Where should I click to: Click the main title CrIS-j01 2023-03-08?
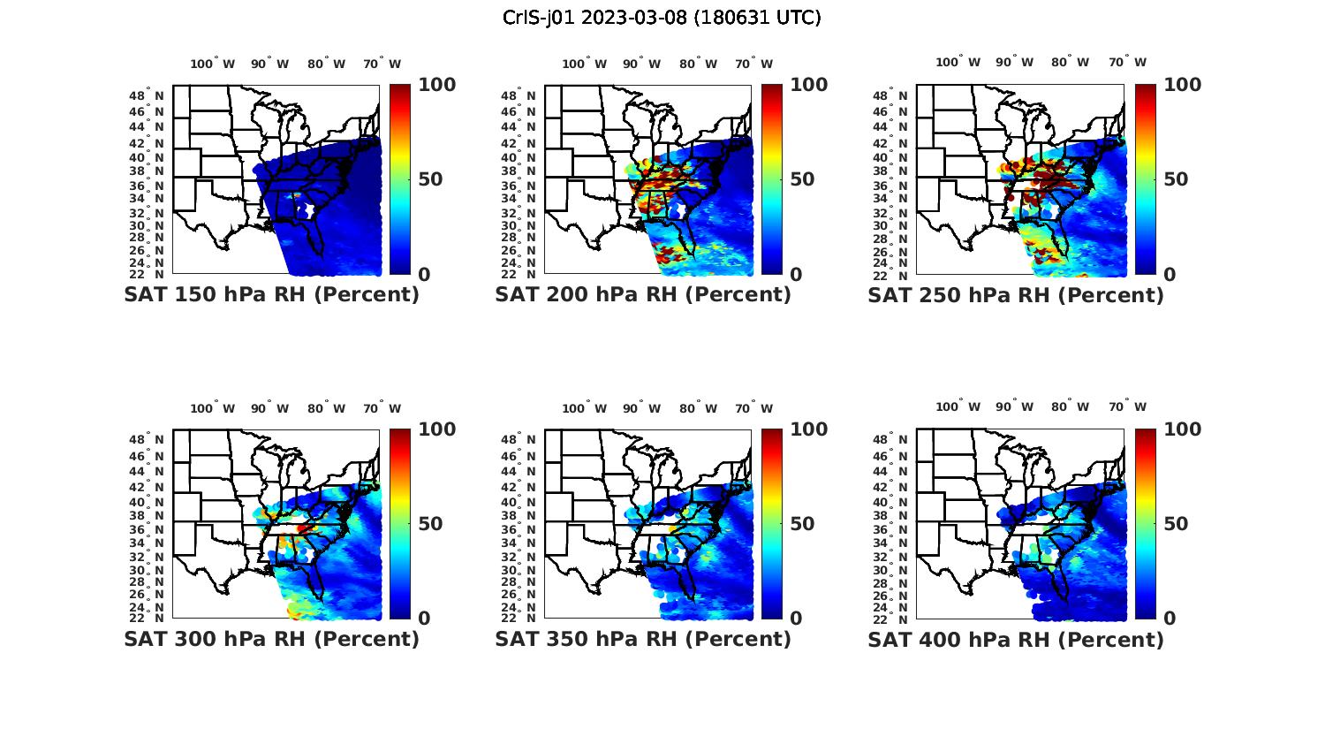pyautogui.click(x=662, y=18)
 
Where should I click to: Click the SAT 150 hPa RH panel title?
pyautogui.click(x=271, y=295)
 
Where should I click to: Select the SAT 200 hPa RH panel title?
pyautogui.click(x=643, y=295)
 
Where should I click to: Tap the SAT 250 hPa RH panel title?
pyautogui.click(x=1016, y=295)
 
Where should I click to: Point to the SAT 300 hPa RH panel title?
pyautogui.click(x=271, y=639)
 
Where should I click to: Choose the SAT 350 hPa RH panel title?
pyautogui.click(x=643, y=639)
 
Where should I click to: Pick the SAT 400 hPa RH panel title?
pyautogui.click(x=1016, y=639)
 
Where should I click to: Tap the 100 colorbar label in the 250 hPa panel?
pyautogui.click(x=1183, y=85)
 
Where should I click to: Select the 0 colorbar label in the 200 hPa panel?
pyautogui.click(x=796, y=275)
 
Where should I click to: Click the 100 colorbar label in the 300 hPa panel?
pyautogui.click(x=437, y=429)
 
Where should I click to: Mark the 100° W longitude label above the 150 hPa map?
pyautogui.click(x=213, y=64)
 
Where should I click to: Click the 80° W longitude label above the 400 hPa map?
pyautogui.click(x=1070, y=406)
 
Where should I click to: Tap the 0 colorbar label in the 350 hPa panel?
pyautogui.click(x=796, y=619)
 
